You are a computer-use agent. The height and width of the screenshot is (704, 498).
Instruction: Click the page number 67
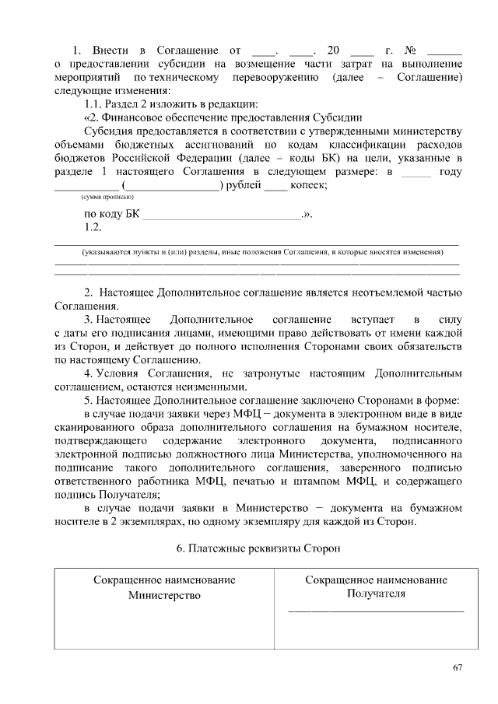pyautogui.click(x=457, y=668)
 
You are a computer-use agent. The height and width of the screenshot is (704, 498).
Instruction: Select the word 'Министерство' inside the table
pyautogui.click(x=165, y=595)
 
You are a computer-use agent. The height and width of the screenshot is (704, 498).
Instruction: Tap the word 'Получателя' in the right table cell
pyautogui.click(x=376, y=594)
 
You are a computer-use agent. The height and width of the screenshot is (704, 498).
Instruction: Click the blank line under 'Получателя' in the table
pyautogui.click(x=376, y=611)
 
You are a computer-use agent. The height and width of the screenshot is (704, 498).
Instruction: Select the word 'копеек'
pyautogui.click(x=307, y=185)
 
